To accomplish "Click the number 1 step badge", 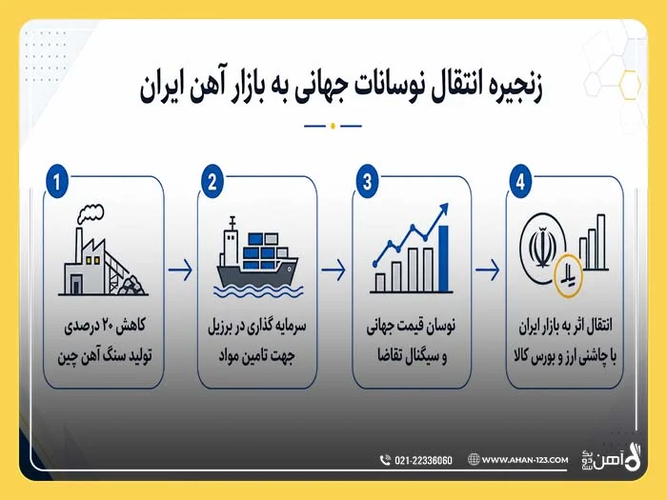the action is click(57, 182).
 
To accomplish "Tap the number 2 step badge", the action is click(212, 182).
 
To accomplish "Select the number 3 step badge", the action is click(367, 182).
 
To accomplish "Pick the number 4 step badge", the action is click(520, 182).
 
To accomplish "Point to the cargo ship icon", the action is click(258, 258).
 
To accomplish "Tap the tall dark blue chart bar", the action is click(443, 258).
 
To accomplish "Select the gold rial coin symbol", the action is click(569, 275).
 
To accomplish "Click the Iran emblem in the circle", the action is click(542, 248).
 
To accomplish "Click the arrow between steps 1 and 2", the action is click(180, 270).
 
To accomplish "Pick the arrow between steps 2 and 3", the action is click(333, 270).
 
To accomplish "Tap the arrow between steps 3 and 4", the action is click(488, 270).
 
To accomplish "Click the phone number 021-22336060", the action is click(423, 460).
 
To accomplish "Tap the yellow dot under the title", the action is click(333, 126).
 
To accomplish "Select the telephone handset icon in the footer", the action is click(385, 460).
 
